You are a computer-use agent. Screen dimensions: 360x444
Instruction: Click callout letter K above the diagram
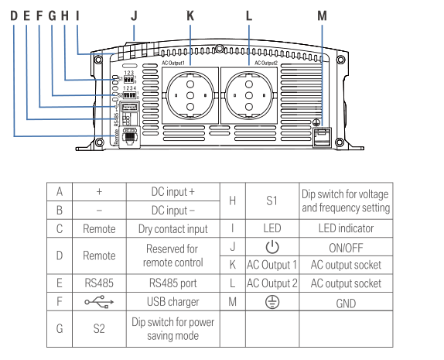pos(190,15)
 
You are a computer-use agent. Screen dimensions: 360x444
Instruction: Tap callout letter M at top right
pos(323,15)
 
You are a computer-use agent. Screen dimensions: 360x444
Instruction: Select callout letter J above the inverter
pos(134,15)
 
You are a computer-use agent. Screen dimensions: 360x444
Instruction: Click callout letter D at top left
pos(15,15)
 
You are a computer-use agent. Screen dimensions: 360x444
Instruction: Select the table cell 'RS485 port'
pos(172,283)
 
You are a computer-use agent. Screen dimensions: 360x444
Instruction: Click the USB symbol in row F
pos(98,301)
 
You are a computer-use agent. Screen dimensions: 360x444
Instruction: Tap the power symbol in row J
pos(271,247)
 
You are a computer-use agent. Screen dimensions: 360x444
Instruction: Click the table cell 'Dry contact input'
pos(172,228)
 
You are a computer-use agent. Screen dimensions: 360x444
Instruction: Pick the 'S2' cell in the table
pos(98,328)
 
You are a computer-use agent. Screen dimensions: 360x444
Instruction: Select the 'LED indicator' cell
pos(345,228)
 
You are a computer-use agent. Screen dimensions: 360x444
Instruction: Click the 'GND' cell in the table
pos(345,301)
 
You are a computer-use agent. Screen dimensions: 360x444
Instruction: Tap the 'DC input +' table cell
pos(172,191)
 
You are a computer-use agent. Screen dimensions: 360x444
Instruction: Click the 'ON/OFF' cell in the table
pos(345,247)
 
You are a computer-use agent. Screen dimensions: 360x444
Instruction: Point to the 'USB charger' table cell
pos(172,301)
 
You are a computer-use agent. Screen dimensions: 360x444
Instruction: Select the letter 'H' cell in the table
pos(232,201)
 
